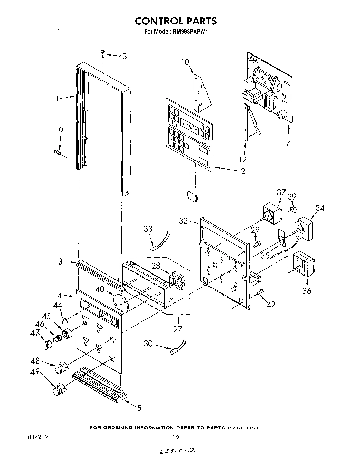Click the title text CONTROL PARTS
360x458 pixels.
point(176,21)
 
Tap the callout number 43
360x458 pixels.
point(122,56)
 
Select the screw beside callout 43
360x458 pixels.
point(102,53)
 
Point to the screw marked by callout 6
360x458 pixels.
point(58,151)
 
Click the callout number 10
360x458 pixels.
point(185,62)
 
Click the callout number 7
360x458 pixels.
point(288,143)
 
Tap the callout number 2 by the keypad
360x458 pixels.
point(243,171)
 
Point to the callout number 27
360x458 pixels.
point(178,329)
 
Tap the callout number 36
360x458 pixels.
point(307,291)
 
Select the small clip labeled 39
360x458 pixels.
point(293,209)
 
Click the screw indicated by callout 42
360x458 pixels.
point(261,292)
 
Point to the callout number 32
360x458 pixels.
point(183,221)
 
